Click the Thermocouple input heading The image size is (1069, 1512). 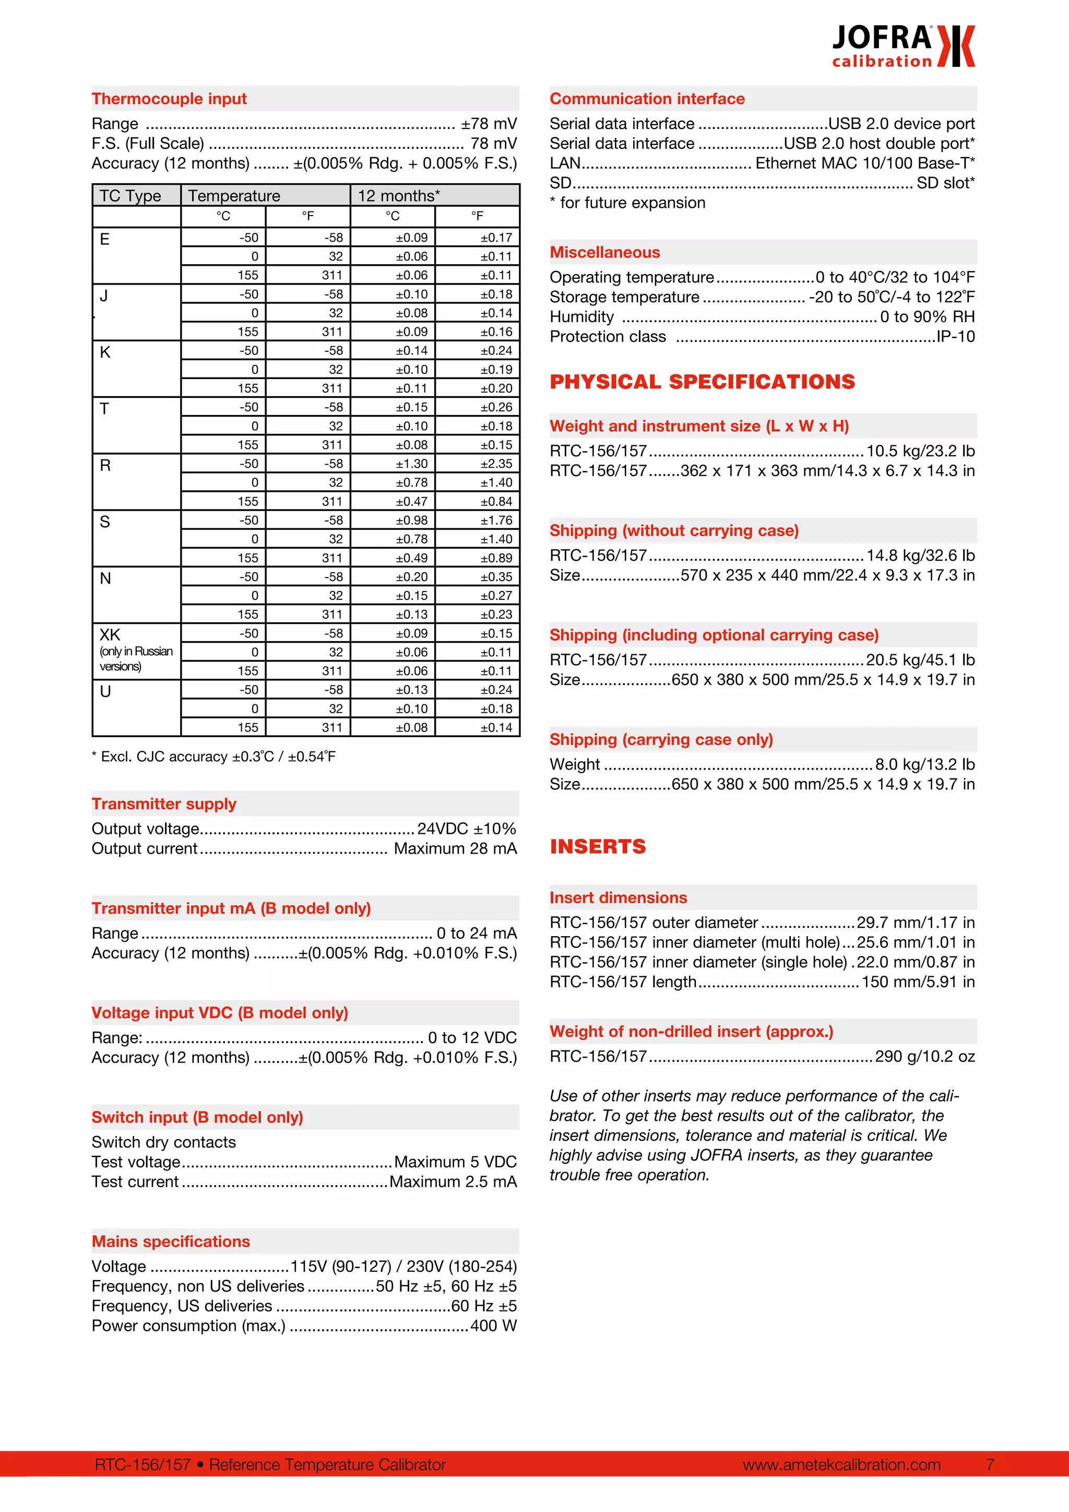(x=169, y=99)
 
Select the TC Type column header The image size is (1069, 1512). (x=130, y=196)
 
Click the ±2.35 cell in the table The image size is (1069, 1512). (x=496, y=464)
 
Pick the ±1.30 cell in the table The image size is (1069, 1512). (x=411, y=464)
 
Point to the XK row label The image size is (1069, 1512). (x=110, y=635)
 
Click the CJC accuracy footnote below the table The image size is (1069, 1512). (x=213, y=757)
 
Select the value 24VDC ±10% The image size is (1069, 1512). (x=467, y=829)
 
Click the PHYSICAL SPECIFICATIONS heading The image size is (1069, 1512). (x=702, y=382)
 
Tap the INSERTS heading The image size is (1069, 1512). (x=598, y=846)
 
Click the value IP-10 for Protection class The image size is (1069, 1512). (x=956, y=337)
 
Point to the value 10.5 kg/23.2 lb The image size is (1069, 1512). (x=920, y=451)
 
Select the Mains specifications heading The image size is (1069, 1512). (x=171, y=1242)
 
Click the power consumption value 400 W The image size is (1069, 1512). (x=494, y=1326)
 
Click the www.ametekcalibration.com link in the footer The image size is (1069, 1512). (x=841, y=1464)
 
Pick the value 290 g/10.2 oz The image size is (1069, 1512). (x=925, y=1056)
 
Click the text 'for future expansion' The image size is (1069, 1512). (x=632, y=203)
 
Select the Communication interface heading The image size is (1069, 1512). (x=647, y=99)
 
